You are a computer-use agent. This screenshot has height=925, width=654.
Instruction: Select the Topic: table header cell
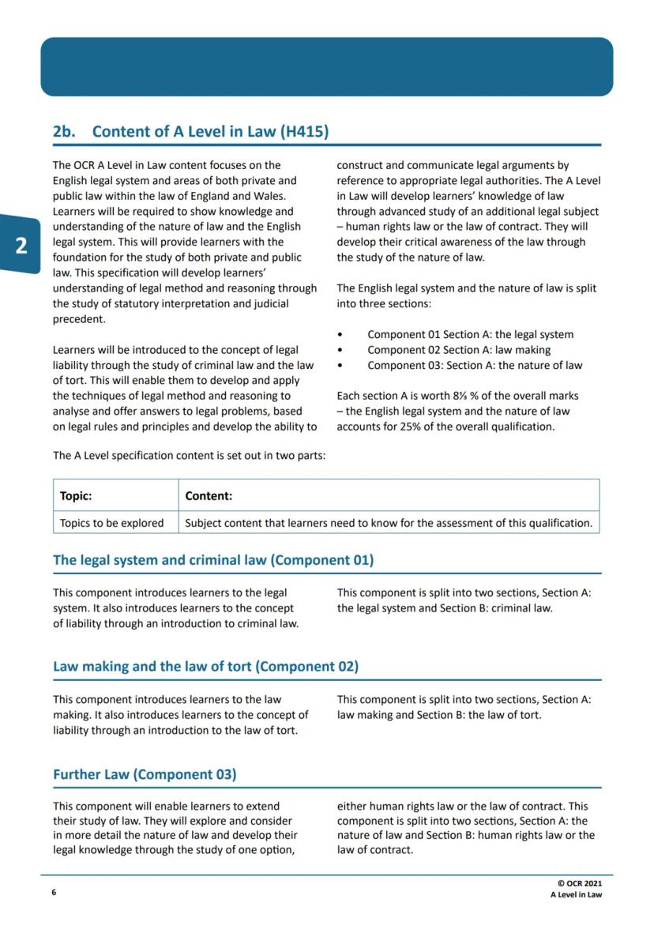(76, 496)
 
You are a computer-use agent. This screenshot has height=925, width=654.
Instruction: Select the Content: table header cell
(209, 496)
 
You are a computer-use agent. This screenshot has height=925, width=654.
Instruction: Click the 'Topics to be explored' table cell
(111, 523)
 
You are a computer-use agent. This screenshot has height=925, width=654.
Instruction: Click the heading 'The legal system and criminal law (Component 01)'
(213, 560)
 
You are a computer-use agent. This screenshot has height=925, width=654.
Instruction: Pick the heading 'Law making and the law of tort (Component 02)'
(205, 666)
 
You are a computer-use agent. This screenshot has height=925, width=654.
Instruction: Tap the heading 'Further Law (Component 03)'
(145, 774)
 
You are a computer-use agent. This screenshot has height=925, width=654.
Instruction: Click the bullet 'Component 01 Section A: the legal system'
(470, 335)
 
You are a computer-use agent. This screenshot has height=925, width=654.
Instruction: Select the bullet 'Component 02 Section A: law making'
(459, 350)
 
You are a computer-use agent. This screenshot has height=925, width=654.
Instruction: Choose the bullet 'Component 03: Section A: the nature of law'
(475, 365)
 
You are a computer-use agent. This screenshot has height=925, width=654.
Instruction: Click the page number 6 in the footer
(54, 893)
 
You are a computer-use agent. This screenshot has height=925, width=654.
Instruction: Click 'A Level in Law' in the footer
(576, 895)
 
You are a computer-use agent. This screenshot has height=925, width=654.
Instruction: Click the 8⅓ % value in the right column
(453, 396)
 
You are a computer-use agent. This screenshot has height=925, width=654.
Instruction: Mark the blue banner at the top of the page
(326, 67)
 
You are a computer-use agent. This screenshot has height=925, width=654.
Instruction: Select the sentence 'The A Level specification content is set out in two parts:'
(189, 456)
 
